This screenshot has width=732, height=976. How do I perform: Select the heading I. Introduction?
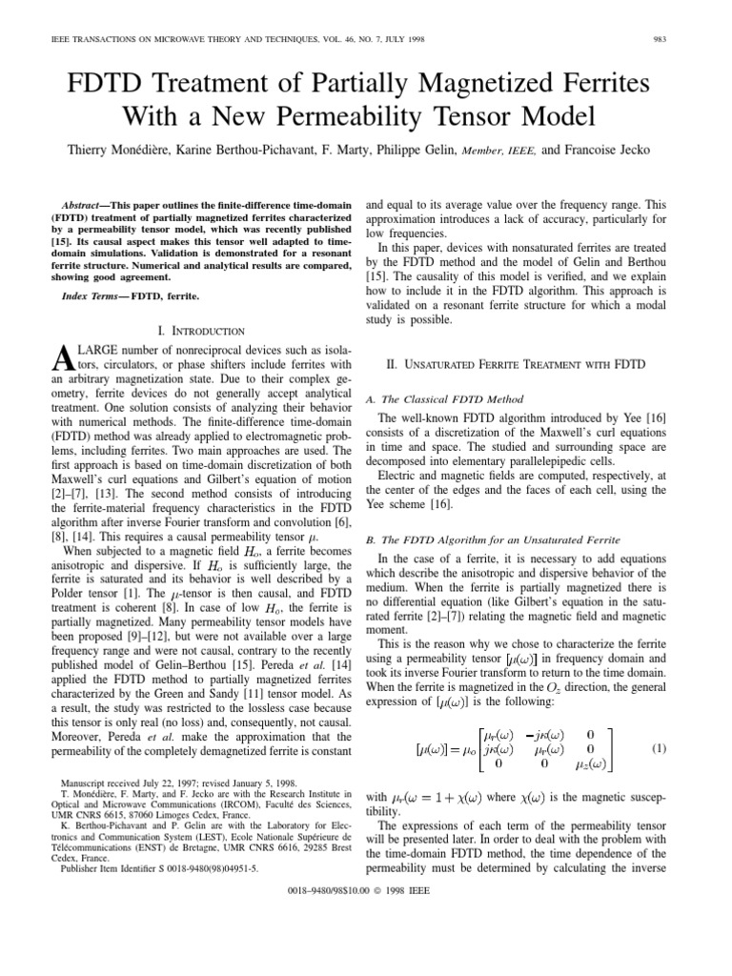point(200,331)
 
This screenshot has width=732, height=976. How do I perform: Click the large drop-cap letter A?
point(60,359)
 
